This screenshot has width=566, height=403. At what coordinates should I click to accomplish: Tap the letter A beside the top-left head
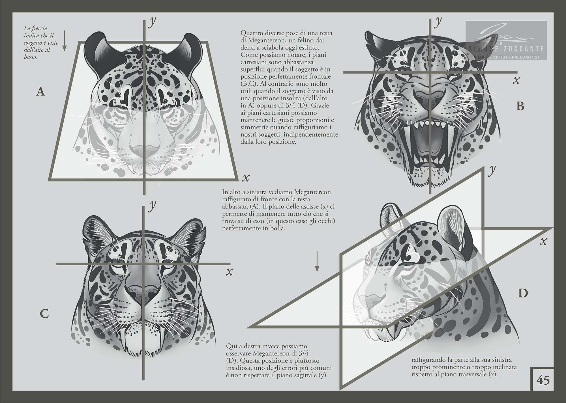41,92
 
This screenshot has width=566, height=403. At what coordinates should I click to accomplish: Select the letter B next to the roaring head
520,106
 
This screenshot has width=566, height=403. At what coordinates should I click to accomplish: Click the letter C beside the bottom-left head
44,314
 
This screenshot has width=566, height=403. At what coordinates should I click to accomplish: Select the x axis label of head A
246,178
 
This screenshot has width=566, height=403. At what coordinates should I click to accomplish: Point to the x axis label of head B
516,80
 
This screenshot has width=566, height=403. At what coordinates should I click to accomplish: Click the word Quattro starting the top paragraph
250,33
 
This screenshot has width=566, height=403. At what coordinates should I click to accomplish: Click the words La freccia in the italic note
36,28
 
